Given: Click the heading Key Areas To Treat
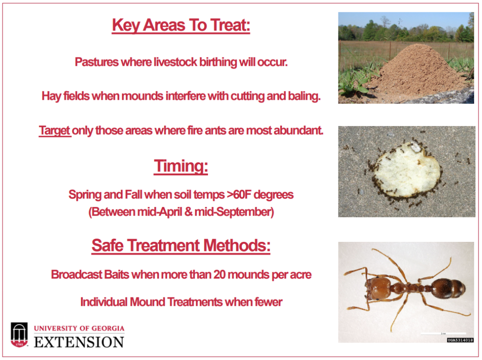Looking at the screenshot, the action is coord(181,25).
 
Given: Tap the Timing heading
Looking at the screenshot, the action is coord(181,166).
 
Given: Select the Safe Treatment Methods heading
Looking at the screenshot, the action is coord(181,246).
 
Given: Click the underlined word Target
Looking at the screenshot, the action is coord(55,131).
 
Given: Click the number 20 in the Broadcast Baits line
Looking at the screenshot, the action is coord(219,274).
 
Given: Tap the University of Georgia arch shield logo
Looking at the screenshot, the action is coord(19,335).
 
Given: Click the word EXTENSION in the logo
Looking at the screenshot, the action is coord(79,342).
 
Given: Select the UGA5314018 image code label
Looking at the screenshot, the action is coord(460,340).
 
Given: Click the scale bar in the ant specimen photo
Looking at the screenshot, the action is coord(443,333).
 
